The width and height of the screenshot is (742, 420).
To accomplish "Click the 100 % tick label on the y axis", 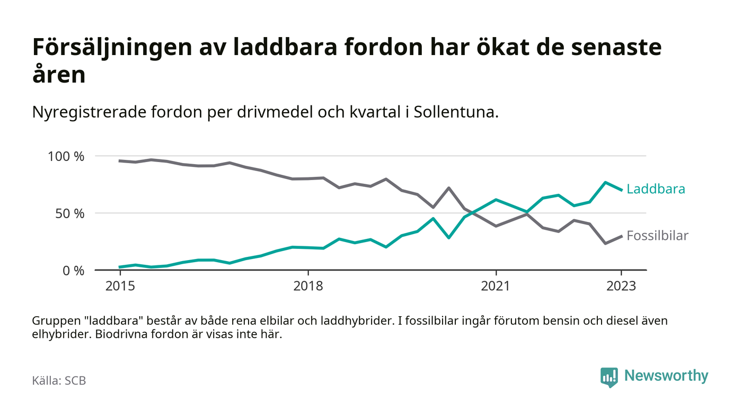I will [x=66, y=157].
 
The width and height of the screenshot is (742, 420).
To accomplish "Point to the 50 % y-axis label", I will [x=70, y=213].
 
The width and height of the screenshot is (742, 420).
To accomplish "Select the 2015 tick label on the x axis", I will [x=120, y=287].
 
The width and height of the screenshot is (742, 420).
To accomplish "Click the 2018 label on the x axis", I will [x=308, y=287].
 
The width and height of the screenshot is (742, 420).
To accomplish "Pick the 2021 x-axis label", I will [x=496, y=287].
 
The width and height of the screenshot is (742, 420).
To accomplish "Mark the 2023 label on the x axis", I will [x=621, y=287].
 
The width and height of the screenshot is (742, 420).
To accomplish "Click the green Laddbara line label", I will [x=656, y=189].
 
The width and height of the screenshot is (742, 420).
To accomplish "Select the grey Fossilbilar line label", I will [x=657, y=236].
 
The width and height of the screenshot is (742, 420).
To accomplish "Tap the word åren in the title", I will [x=59, y=75].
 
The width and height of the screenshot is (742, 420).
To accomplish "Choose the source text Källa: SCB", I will [x=59, y=380].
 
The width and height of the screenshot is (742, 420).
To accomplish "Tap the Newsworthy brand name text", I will [x=666, y=376].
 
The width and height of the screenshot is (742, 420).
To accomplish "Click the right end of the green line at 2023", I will [x=621, y=190].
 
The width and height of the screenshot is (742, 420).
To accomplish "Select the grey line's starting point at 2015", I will [x=120, y=160].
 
